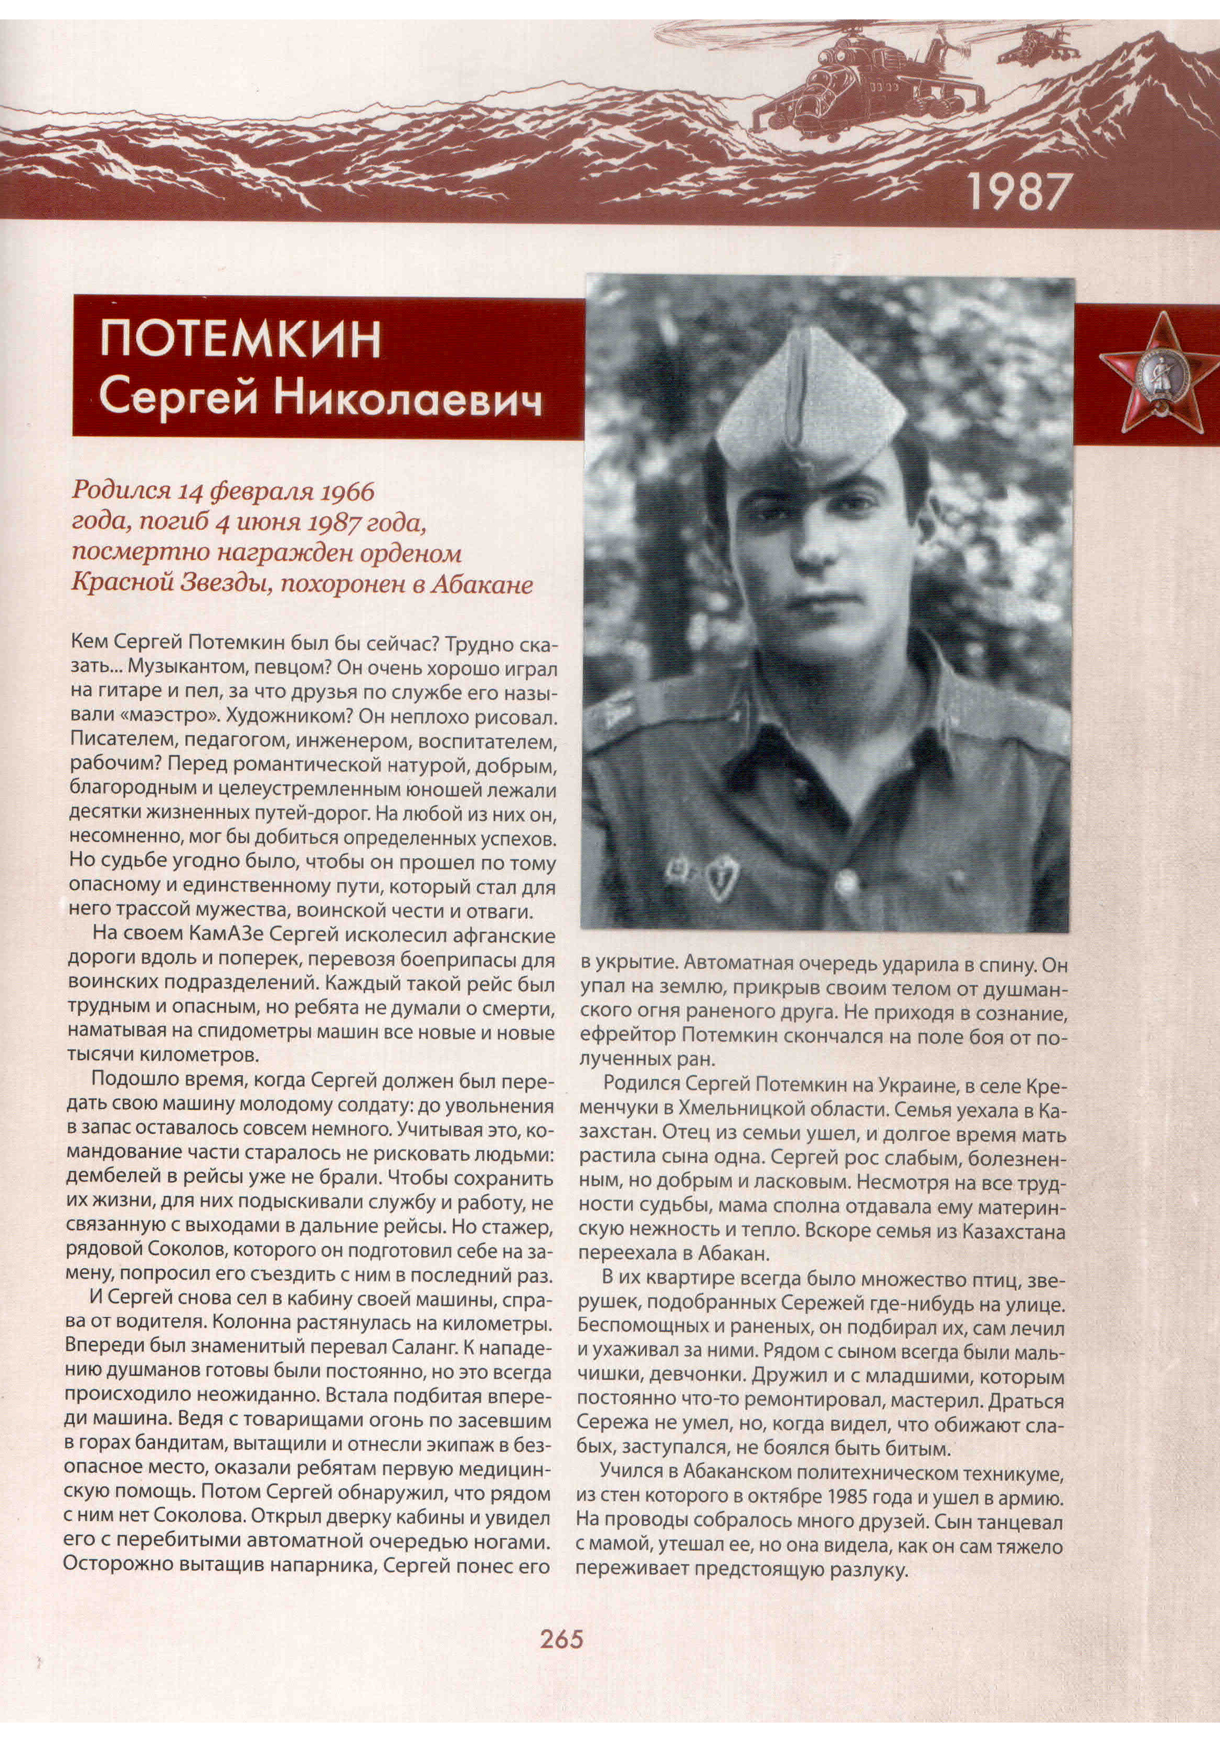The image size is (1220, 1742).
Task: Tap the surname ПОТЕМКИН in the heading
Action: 240,340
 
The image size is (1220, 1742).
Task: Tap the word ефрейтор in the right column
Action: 621,1036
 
